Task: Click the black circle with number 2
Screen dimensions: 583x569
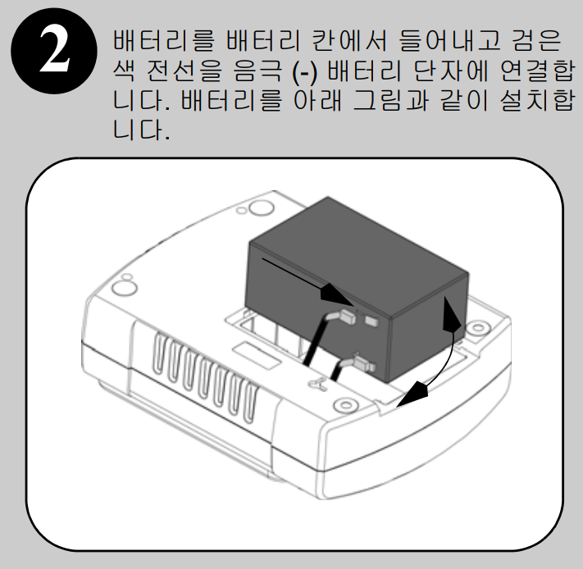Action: (54, 51)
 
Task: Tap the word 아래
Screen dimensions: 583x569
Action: (317, 100)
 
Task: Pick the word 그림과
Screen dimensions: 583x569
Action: (390, 100)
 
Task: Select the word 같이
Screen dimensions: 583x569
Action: (464, 100)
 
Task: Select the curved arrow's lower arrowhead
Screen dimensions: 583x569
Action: (412, 394)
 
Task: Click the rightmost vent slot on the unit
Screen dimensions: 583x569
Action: (251, 404)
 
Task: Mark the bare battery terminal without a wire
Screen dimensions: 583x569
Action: (371, 321)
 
